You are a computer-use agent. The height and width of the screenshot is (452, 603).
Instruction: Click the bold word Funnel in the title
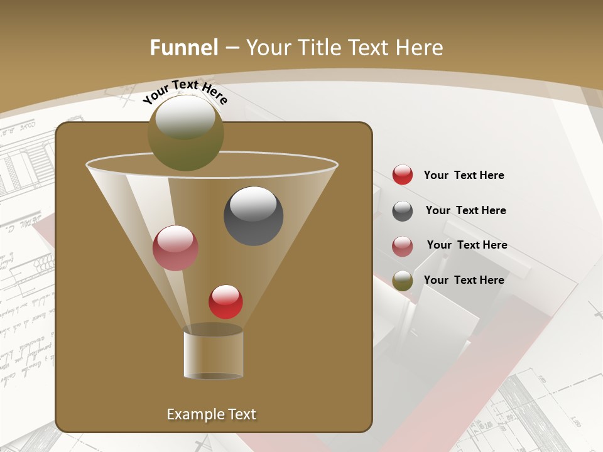(183, 48)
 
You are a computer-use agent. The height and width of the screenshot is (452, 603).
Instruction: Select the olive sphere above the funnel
(185, 133)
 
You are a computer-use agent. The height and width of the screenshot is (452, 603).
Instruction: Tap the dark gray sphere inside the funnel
(253, 216)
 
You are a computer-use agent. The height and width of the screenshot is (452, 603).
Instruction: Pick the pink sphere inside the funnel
(175, 248)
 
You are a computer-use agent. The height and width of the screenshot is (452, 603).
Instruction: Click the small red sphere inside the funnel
(225, 302)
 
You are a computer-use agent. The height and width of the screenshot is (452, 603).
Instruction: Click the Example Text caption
(211, 414)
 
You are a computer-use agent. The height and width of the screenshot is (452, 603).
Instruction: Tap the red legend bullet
(403, 175)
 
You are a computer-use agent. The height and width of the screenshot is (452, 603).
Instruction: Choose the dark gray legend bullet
(403, 211)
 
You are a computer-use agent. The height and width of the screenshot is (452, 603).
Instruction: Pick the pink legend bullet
(403, 246)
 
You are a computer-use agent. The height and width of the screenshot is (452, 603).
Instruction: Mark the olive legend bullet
(403, 281)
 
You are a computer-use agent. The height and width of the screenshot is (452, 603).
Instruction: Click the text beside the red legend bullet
(464, 175)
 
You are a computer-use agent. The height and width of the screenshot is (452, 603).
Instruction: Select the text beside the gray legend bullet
(465, 210)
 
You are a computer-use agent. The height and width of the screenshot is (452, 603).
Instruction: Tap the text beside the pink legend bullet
(467, 245)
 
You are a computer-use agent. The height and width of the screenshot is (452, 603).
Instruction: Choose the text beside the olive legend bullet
(464, 280)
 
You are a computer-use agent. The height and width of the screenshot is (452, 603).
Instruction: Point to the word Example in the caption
(190, 414)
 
